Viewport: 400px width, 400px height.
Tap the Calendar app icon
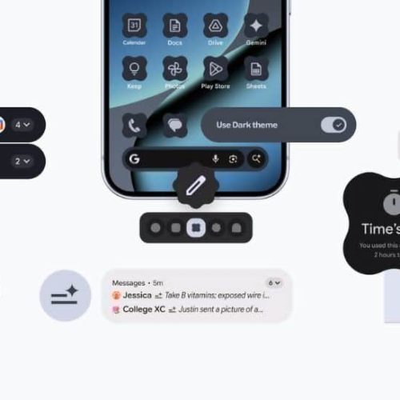pos(134,26)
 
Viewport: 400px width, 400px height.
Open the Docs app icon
pos(174,26)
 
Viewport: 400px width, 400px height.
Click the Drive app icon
pos(215,26)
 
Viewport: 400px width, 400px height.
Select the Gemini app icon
pos(256,26)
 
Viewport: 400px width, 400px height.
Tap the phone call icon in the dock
pos(134,125)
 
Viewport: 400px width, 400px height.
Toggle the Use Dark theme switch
pos(333,125)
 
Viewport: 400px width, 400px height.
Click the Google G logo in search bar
pos(134,159)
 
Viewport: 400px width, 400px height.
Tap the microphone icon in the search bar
pos(215,159)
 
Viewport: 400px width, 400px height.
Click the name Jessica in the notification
pos(142,295)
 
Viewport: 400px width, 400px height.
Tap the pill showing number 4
pos(22,124)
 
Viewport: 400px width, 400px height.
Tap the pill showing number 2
pos(22,161)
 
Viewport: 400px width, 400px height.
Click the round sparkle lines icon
pos(66,296)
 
